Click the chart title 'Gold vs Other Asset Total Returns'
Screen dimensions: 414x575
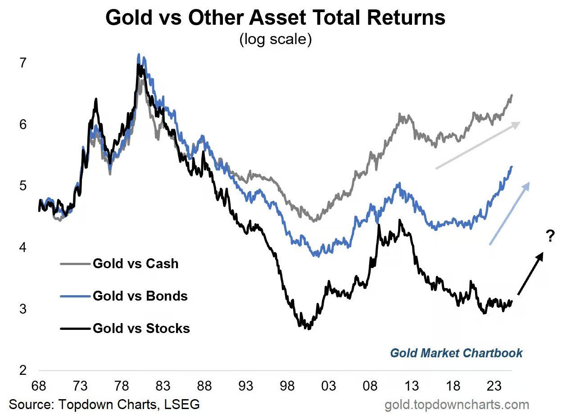(x=275, y=18)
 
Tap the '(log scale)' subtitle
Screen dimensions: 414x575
(x=275, y=40)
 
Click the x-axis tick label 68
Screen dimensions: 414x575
(x=39, y=387)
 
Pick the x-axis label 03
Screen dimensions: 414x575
(x=328, y=387)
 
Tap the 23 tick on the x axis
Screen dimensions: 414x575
(x=494, y=387)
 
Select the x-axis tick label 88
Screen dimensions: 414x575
(x=204, y=387)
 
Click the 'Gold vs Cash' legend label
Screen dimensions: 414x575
(x=136, y=263)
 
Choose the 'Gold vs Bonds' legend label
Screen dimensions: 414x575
(x=140, y=296)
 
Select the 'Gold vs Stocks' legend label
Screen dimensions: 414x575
(x=141, y=328)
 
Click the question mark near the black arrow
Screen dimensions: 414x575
(x=550, y=236)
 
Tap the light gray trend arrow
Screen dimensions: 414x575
(x=477, y=145)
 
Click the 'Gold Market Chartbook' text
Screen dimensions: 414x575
(x=456, y=353)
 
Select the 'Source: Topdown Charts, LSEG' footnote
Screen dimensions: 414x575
(x=104, y=404)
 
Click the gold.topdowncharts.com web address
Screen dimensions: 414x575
(x=457, y=405)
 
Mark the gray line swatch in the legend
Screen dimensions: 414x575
(x=75, y=263)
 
